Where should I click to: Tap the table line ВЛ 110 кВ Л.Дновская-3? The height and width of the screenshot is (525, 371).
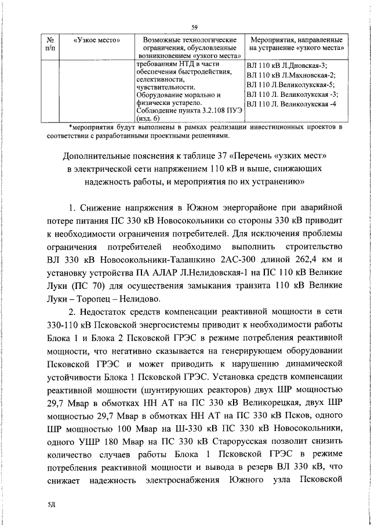(286, 66)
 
